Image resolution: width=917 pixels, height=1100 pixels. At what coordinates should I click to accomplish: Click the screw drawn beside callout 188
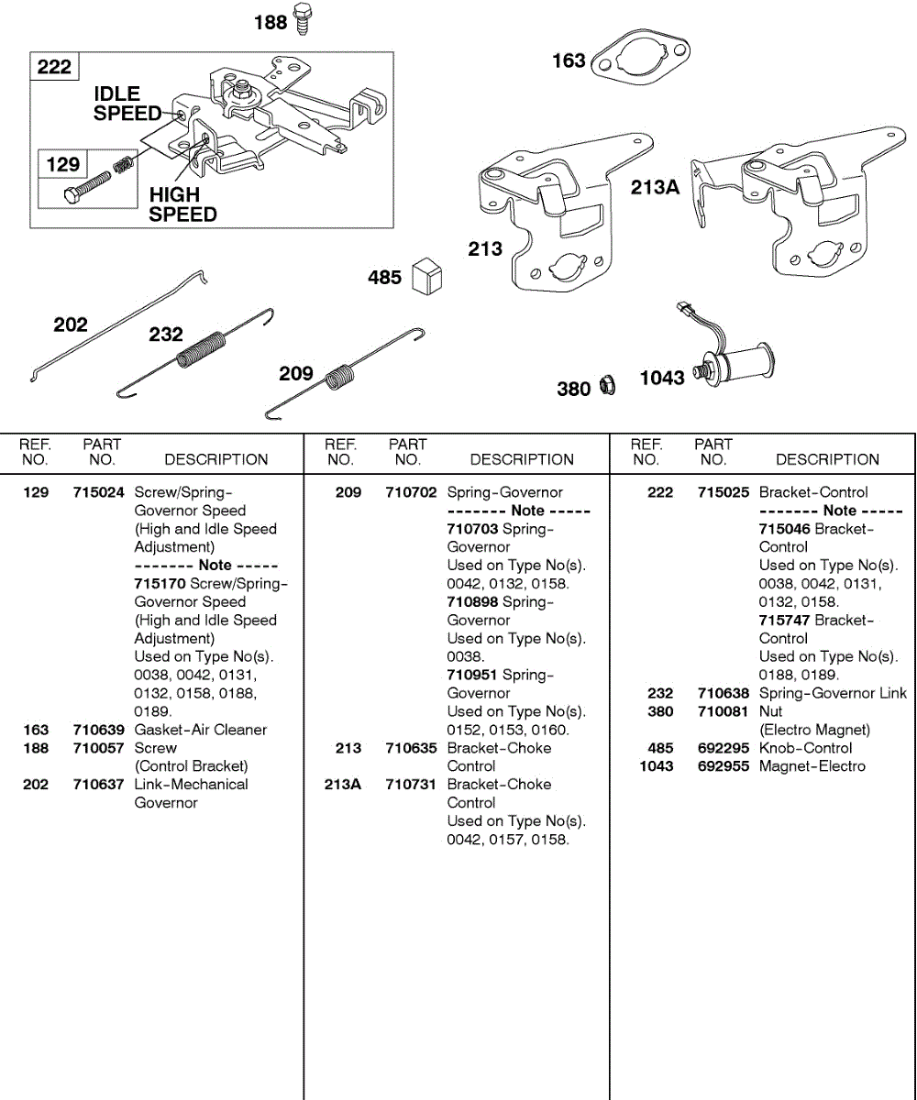click(303, 20)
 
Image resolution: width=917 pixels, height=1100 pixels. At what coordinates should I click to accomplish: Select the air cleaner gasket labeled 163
click(641, 60)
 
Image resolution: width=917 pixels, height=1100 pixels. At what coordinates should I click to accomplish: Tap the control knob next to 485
click(428, 276)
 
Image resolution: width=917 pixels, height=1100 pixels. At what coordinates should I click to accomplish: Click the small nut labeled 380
click(606, 387)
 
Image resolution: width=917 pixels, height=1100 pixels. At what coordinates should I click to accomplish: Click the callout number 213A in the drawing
click(655, 188)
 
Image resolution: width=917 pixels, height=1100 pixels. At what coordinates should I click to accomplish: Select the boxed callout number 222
click(54, 67)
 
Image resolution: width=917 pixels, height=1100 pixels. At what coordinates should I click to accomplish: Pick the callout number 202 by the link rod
click(71, 324)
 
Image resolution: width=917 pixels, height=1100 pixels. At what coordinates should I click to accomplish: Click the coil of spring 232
click(203, 349)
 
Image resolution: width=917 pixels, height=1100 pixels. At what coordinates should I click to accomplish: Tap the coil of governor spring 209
click(341, 376)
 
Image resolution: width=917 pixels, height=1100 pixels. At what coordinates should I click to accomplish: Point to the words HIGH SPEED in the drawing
click(182, 204)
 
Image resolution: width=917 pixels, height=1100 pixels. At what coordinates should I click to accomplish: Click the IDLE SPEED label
click(127, 104)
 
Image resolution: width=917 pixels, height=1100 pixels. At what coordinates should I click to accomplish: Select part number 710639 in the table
click(98, 730)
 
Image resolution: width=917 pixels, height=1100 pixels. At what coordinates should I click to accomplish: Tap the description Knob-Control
click(805, 748)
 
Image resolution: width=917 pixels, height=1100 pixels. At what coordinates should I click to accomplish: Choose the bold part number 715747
click(784, 621)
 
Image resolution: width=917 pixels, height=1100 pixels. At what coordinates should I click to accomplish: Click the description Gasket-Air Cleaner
click(201, 730)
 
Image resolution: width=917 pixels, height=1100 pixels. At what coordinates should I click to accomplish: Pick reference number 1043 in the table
click(656, 766)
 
